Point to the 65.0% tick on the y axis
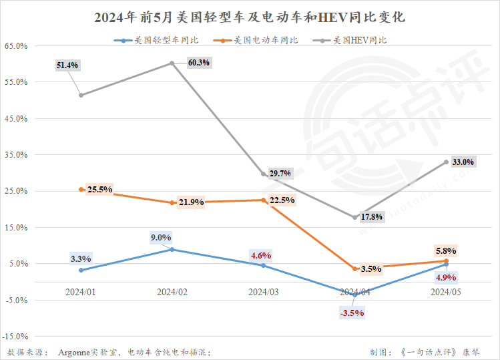15,46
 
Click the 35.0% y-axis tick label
15,155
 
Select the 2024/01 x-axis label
80,292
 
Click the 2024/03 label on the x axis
263,292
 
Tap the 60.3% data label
199,63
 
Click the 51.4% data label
68,65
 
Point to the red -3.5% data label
352,313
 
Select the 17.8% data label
372,216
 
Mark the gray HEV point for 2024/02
172,63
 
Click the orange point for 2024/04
355,269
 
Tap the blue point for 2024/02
172,249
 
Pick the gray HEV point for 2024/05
447,162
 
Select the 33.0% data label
463,162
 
